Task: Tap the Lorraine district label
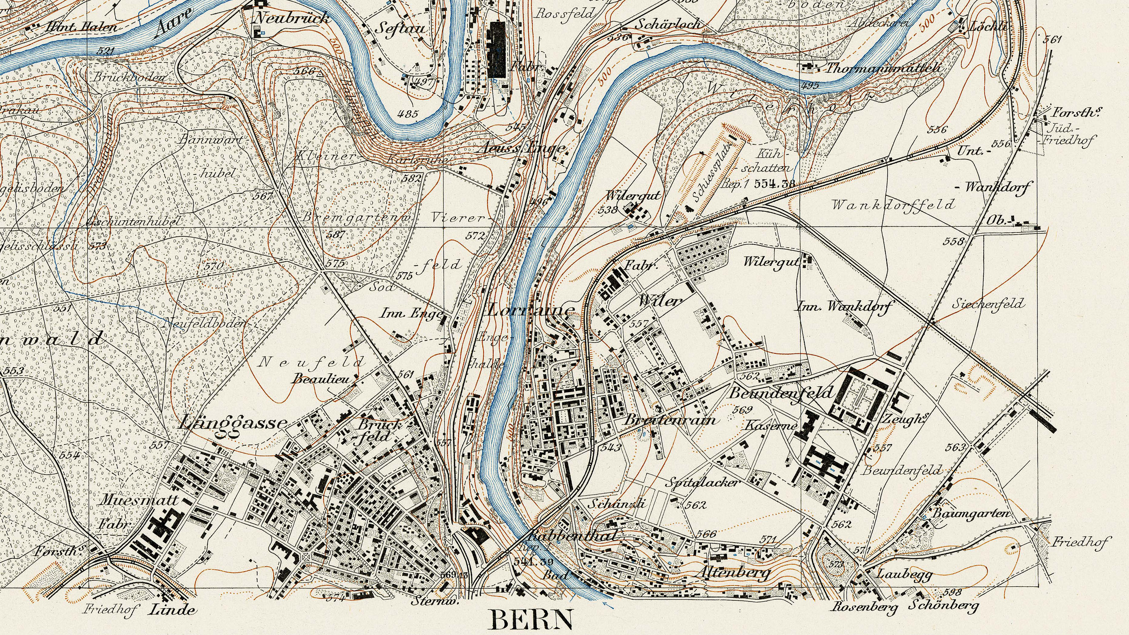(x=530, y=310)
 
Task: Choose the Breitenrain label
(x=669, y=420)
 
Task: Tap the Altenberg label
(x=733, y=572)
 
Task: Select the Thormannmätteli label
(x=883, y=68)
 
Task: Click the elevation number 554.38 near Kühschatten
(x=775, y=183)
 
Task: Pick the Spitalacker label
(x=702, y=483)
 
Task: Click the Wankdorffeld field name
(x=893, y=204)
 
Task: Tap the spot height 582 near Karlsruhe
(x=412, y=179)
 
